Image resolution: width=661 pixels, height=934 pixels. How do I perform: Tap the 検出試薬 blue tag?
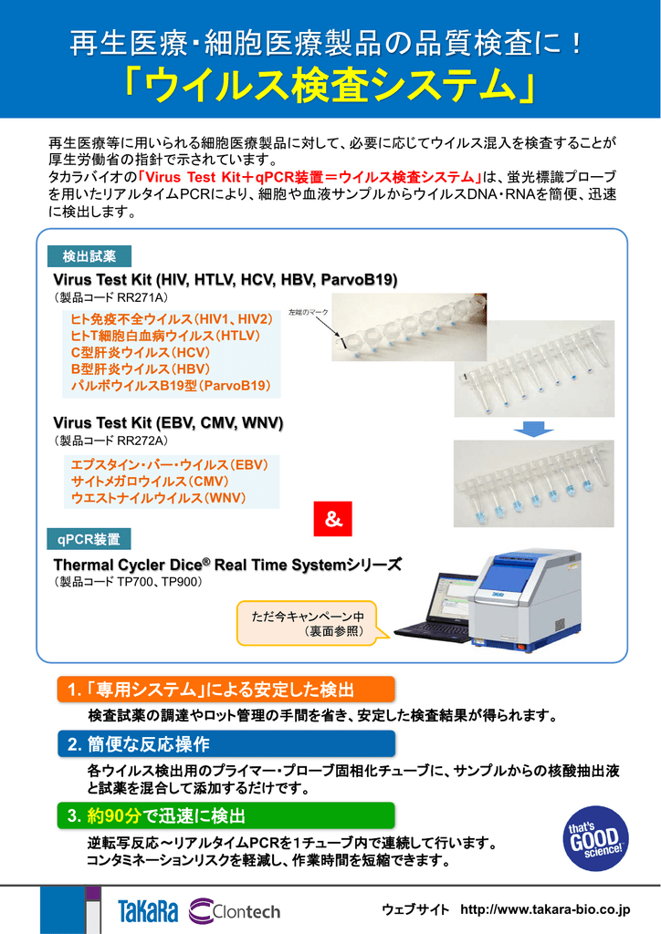click(89, 256)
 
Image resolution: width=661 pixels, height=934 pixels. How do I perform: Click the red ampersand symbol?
click(333, 519)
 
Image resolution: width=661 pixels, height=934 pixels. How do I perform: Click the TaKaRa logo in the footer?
click(148, 910)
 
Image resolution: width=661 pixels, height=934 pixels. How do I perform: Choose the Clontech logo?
click(235, 910)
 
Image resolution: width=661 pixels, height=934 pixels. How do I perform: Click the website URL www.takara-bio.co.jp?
click(545, 910)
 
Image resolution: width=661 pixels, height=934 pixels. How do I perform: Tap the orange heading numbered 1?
click(225, 689)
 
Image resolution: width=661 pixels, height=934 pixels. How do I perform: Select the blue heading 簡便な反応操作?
click(225, 743)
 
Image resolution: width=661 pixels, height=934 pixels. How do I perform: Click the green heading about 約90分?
click(225, 815)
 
